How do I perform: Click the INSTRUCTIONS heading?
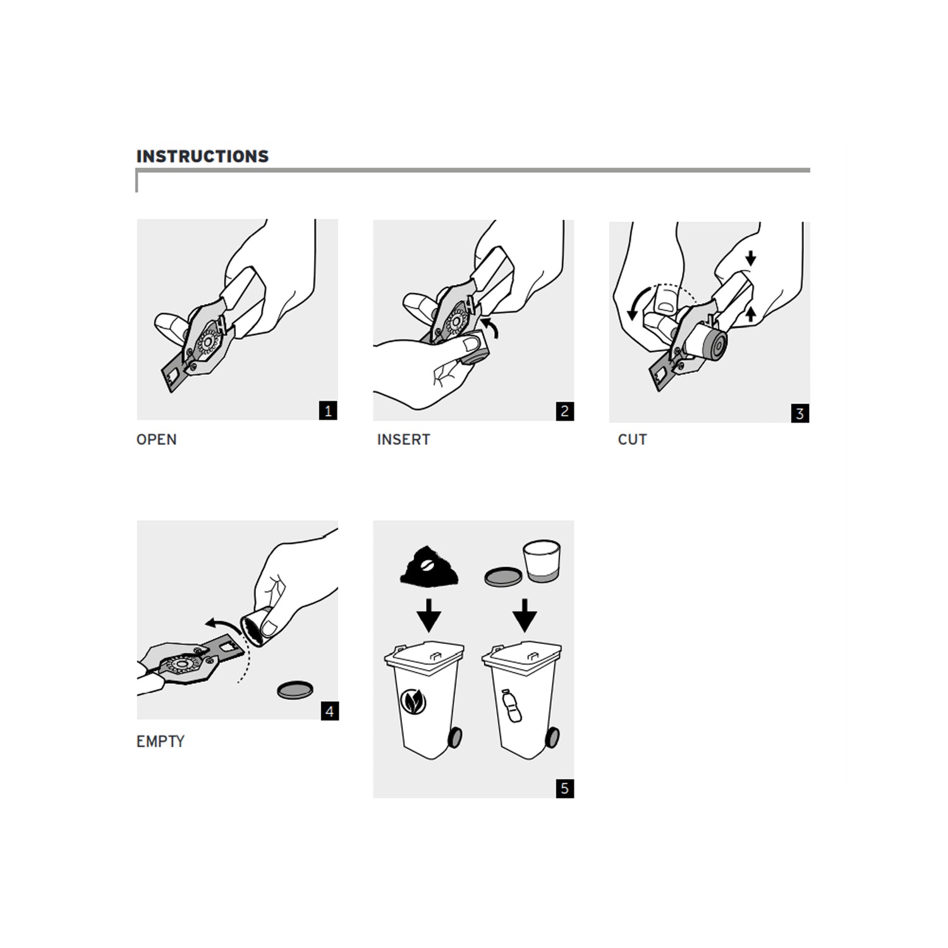pos(202,156)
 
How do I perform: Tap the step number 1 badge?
pos(328,411)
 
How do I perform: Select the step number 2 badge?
pos(564,411)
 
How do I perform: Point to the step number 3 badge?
pos(799,413)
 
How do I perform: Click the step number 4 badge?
pos(329,711)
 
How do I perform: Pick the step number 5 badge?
pos(564,788)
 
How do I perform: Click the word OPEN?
pos(156,440)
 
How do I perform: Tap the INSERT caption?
pos(403,440)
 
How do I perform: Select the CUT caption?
pos(632,440)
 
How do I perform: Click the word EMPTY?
pos(160,741)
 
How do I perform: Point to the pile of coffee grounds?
pos(429,566)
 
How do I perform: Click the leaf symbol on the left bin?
pos(413,702)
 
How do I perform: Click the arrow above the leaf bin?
pos(429,616)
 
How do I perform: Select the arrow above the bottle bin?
pos(525,616)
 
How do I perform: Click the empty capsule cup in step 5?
pos(542,560)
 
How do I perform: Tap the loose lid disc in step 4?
pos(295,690)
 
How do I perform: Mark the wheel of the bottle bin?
pos(552,737)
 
